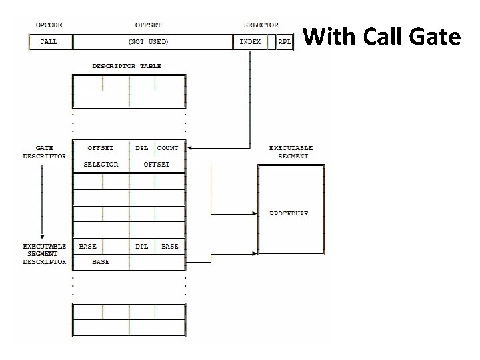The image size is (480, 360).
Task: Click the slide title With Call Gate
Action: [382, 37]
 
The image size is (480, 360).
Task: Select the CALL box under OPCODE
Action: [49, 42]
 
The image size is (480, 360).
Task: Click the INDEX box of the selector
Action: [250, 42]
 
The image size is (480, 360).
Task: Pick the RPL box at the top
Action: [285, 42]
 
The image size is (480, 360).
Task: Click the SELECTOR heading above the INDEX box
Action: [261, 25]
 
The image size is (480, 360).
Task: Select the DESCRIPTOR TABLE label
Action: [127, 66]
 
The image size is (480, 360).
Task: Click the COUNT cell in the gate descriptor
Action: [168, 148]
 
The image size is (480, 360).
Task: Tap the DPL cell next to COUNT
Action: [142, 148]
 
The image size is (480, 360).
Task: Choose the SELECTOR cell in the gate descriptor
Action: [101, 164]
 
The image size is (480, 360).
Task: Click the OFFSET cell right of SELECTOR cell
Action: [157, 164]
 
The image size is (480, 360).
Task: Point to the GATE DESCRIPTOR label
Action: [44, 152]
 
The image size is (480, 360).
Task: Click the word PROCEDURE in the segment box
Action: [289, 213]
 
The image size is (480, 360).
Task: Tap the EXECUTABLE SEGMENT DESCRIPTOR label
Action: [44, 254]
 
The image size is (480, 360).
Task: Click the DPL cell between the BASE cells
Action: [142, 246]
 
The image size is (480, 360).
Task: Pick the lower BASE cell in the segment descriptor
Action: [101, 262]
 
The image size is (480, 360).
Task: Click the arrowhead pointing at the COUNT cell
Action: [191, 148]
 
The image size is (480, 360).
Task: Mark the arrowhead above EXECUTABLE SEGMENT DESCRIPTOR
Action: [41, 235]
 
